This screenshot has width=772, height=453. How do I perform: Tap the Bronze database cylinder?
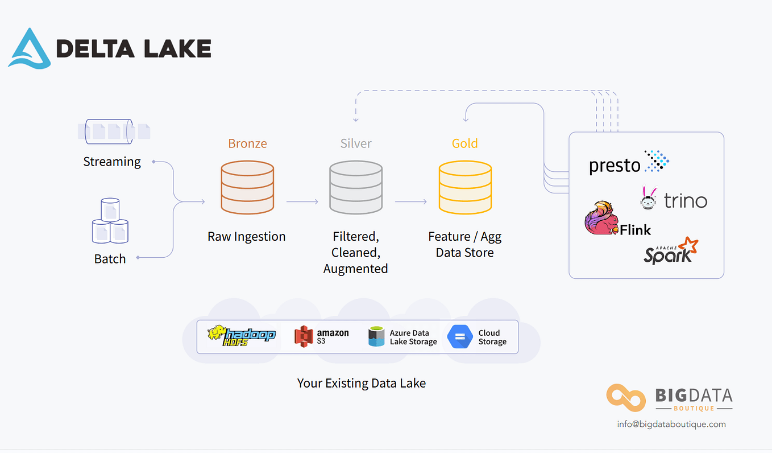[247, 187]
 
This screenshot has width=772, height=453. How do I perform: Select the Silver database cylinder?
[356, 187]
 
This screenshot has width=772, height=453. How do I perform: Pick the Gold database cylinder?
[464, 187]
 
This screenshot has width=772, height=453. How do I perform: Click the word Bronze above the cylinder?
[247, 143]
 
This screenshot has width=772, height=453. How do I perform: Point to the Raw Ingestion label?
[246, 237]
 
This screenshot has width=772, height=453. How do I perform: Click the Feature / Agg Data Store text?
[464, 244]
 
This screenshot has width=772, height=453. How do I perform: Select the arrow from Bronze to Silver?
[302, 201]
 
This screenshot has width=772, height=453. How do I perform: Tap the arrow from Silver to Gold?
[410, 201]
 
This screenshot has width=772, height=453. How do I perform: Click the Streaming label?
[112, 162]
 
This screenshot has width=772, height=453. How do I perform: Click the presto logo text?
[614, 166]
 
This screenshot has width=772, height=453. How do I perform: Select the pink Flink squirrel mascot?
[601, 218]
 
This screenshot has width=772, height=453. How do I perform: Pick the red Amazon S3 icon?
[304, 336]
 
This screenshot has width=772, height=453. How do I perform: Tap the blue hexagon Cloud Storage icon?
[459, 337]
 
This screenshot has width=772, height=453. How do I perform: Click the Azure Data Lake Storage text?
[413, 337]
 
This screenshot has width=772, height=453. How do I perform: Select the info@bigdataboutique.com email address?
[671, 424]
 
